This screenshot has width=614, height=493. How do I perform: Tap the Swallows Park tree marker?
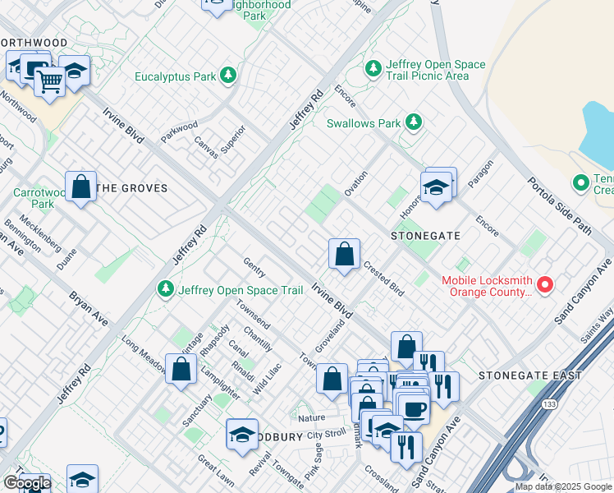point(415,123)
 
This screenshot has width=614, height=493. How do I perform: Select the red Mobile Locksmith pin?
point(545,285)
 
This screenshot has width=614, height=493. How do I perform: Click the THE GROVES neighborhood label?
point(131,188)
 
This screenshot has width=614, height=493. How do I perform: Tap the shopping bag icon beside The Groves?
point(81,187)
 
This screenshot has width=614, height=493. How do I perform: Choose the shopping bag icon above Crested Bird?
point(344,254)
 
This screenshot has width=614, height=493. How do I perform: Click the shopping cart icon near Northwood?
point(49,82)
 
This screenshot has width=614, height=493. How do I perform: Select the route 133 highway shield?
point(548,404)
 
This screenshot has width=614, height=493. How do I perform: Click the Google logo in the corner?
point(26,484)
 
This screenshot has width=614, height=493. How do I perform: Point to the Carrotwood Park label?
point(33,198)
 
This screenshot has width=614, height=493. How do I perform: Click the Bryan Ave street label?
point(88,306)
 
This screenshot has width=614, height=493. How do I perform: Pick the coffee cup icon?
point(412,408)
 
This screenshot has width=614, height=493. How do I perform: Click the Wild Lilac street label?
point(268,378)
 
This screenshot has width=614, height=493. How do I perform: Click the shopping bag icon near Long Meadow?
point(181,369)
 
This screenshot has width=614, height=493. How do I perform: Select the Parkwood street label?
point(180,132)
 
